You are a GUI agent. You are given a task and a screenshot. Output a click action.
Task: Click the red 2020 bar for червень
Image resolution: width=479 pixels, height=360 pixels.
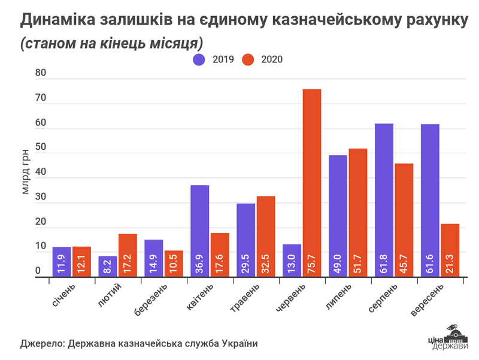(311, 183)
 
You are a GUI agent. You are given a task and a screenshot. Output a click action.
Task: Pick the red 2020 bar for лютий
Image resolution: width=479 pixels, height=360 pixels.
(128, 255)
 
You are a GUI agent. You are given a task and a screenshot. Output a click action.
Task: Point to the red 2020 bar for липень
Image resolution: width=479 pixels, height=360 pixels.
(358, 212)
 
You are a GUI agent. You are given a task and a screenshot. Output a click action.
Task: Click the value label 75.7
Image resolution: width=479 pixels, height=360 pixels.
(312, 264)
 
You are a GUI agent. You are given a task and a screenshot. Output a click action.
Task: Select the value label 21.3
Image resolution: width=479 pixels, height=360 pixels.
(450, 264)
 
